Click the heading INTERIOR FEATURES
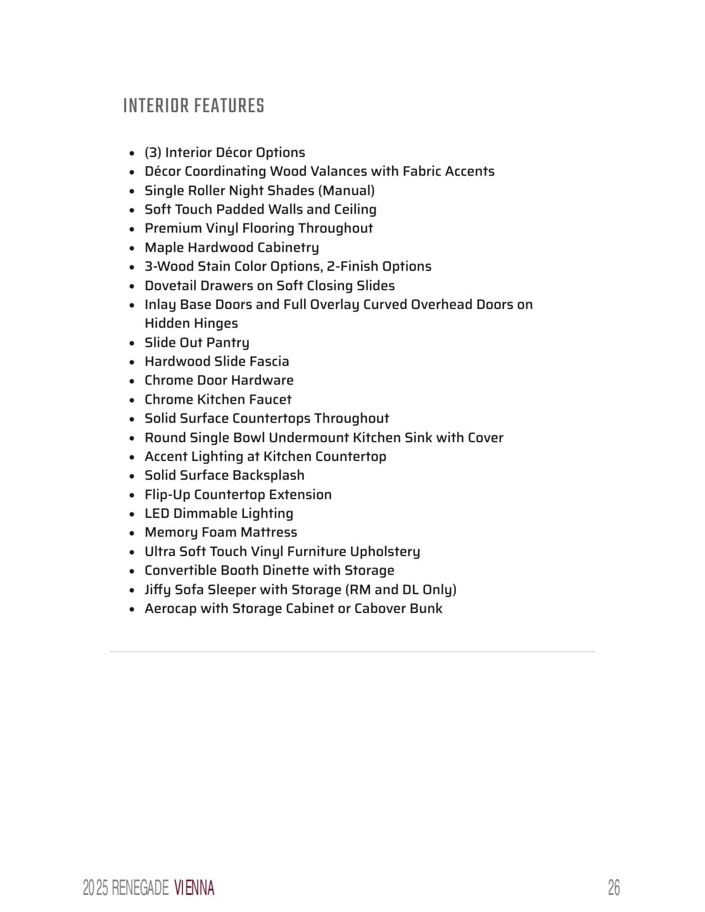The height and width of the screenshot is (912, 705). [193, 106]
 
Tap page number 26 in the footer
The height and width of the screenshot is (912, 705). [613, 888]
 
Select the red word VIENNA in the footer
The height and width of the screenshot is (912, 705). [194, 888]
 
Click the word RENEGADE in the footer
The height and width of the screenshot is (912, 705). [140, 888]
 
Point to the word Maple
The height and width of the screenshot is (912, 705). [164, 248]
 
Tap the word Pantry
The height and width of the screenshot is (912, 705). [228, 343]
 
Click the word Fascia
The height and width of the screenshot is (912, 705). [269, 362]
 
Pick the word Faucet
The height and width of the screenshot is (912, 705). [270, 400]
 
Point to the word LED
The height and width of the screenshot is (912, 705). [157, 514]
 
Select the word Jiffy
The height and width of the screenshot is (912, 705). [158, 590]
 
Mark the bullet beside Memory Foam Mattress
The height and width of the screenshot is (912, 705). [132, 533]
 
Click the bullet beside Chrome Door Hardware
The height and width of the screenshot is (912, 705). [132, 381]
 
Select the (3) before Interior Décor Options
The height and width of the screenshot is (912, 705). [153, 153]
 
